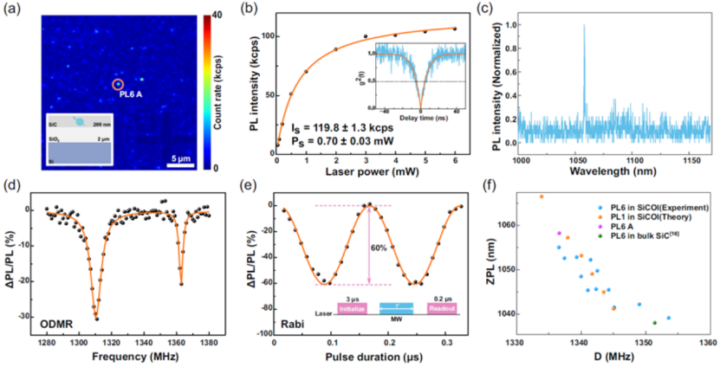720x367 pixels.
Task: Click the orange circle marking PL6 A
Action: (118, 84)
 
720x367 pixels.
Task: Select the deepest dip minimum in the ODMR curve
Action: (96, 319)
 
